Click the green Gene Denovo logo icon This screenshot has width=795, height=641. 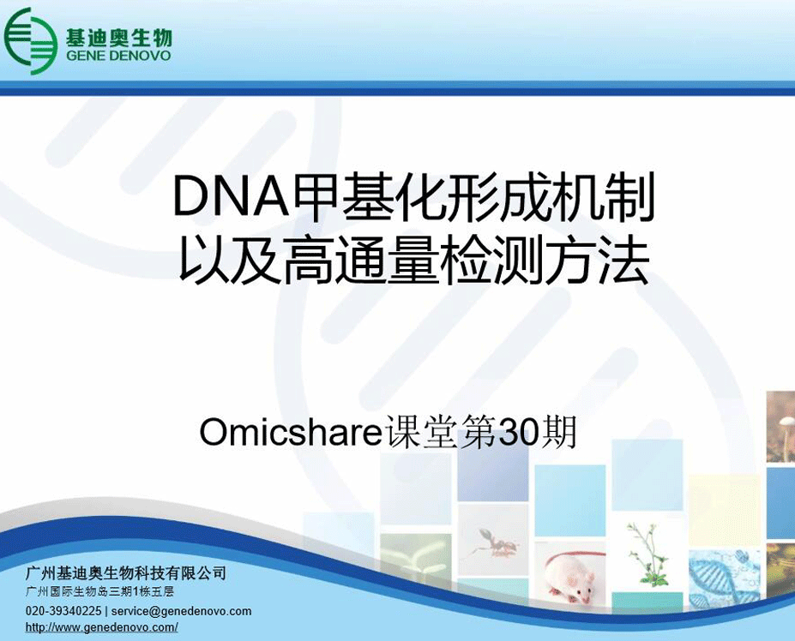(x=30, y=41)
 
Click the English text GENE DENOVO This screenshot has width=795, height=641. (x=118, y=56)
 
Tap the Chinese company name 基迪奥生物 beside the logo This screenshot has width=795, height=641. (x=118, y=37)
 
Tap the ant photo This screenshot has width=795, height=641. (x=494, y=542)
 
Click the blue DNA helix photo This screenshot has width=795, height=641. (x=724, y=576)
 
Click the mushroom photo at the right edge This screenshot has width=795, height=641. (x=780, y=426)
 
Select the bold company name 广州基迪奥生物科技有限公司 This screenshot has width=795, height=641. (x=126, y=573)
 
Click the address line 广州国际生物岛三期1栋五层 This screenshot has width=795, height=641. (x=99, y=591)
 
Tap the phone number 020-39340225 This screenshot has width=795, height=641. (x=63, y=611)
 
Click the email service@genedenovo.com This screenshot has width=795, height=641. (x=182, y=611)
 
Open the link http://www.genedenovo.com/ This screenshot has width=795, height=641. (x=101, y=627)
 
